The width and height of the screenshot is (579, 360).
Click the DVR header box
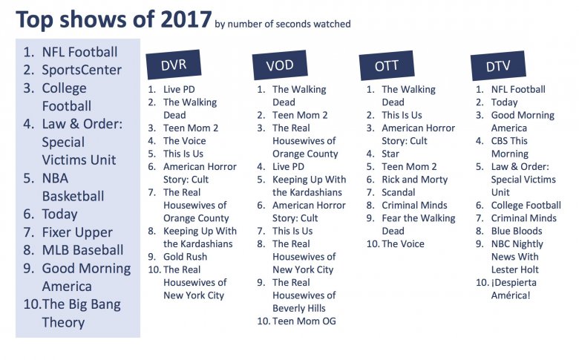[x=174, y=65]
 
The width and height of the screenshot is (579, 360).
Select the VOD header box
[x=280, y=65]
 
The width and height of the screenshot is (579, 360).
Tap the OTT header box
[x=386, y=65]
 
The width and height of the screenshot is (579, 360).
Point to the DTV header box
[x=498, y=66]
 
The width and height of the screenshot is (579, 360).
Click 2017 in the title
[x=186, y=19]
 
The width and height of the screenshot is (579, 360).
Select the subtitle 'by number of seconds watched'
[x=283, y=24]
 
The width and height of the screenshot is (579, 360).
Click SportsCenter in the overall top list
[x=82, y=70]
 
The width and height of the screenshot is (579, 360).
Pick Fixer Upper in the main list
[x=77, y=232]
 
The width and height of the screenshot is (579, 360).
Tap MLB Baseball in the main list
[x=82, y=250]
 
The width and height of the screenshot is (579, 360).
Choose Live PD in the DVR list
[x=179, y=89]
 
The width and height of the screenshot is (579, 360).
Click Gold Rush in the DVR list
[x=185, y=257]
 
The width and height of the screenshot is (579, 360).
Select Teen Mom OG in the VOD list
[x=304, y=321]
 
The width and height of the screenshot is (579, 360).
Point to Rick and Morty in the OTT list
[x=415, y=180]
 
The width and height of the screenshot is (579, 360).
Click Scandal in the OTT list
[x=399, y=192]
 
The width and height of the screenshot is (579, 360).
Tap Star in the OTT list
[x=390, y=154]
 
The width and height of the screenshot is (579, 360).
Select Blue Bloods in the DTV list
[x=517, y=231]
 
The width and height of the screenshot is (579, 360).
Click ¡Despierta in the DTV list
[x=514, y=283]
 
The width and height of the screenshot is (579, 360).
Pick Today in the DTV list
[x=505, y=102]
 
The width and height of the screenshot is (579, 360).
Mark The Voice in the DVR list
[x=185, y=141]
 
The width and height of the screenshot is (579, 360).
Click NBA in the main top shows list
[x=55, y=178]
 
